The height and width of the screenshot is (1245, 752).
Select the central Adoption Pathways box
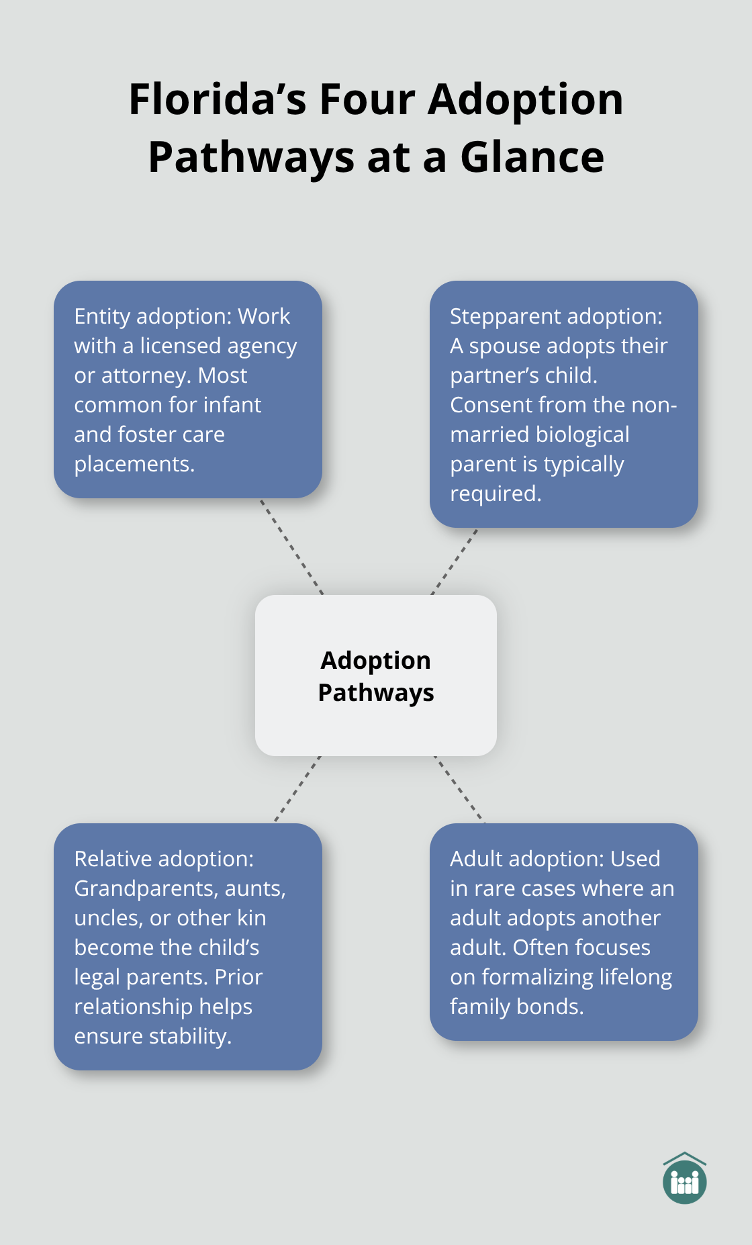point(376,676)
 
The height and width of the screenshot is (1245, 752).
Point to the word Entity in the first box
point(102,316)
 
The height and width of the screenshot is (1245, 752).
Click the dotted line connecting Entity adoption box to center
point(291,546)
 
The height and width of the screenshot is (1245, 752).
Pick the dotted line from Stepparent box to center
point(455,561)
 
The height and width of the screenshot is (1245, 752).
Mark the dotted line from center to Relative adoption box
point(297,789)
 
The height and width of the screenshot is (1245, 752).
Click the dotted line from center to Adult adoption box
point(460,790)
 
